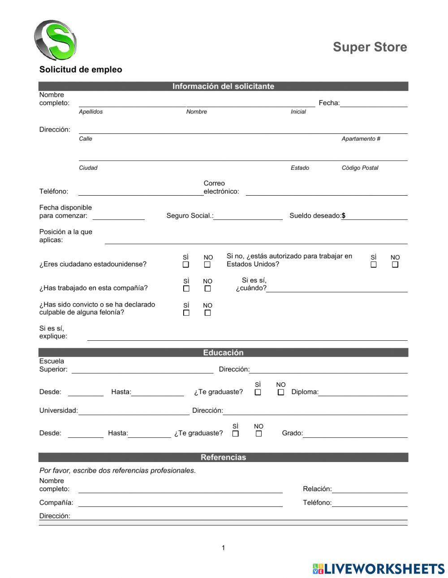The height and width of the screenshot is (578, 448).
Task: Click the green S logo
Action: click(56, 40)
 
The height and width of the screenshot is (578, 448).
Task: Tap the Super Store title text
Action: click(370, 47)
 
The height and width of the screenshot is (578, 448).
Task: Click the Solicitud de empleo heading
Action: click(81, 69)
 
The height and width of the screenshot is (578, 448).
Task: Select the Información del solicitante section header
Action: click(223, 86)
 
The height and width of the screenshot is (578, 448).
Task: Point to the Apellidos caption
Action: click(90, 112)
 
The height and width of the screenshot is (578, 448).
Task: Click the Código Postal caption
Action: click(360, 168)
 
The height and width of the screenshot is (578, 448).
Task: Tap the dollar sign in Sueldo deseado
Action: click(344, 216)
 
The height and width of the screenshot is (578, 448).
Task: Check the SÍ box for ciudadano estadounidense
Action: click(186, 265)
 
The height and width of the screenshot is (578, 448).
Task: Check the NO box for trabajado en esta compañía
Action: click(207, 289)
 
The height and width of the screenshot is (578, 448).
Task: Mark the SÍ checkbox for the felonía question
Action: click(186, 313)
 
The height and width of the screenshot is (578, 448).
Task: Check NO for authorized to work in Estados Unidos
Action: click(395, 265)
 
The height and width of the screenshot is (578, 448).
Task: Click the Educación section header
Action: click(223, 352)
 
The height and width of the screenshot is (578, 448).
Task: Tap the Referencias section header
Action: click(223, 457)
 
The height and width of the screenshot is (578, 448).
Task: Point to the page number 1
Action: click(223, 548)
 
